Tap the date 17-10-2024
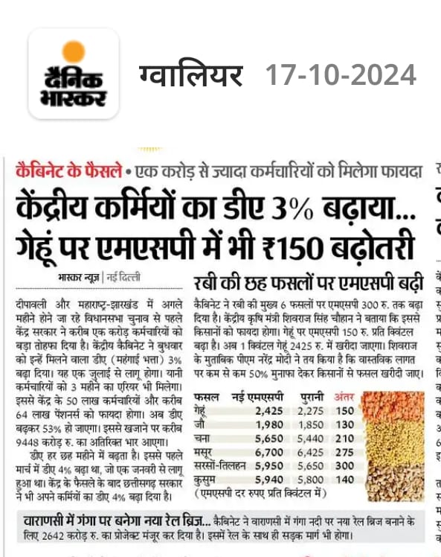[341, 74]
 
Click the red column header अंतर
[344, 396]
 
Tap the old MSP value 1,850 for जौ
[310, 424]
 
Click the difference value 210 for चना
[344, 439]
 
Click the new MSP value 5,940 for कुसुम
[268, 480]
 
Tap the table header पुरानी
[306, 396]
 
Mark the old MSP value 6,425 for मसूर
[310, 453]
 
